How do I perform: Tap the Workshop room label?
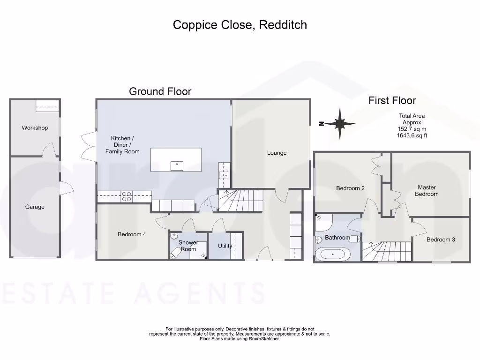click(35, 128)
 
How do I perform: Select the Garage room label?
click(35, 207)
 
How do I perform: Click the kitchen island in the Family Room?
click(176, 160)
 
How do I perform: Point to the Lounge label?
click(277, 153)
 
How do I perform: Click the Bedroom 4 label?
click(132, 234)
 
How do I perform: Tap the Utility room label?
click(225, 246)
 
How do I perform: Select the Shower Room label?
click(188, 246)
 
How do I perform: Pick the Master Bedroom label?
click(427, 191)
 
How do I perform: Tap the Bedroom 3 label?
click(441, 240)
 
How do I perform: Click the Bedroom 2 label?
click(350, 188)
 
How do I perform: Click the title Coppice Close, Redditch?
click(240, 25)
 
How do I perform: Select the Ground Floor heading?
click(160, 91)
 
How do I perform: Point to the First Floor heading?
click(392, 100)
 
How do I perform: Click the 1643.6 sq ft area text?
click(412, 135)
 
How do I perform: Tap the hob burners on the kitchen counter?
click(126, 196)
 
